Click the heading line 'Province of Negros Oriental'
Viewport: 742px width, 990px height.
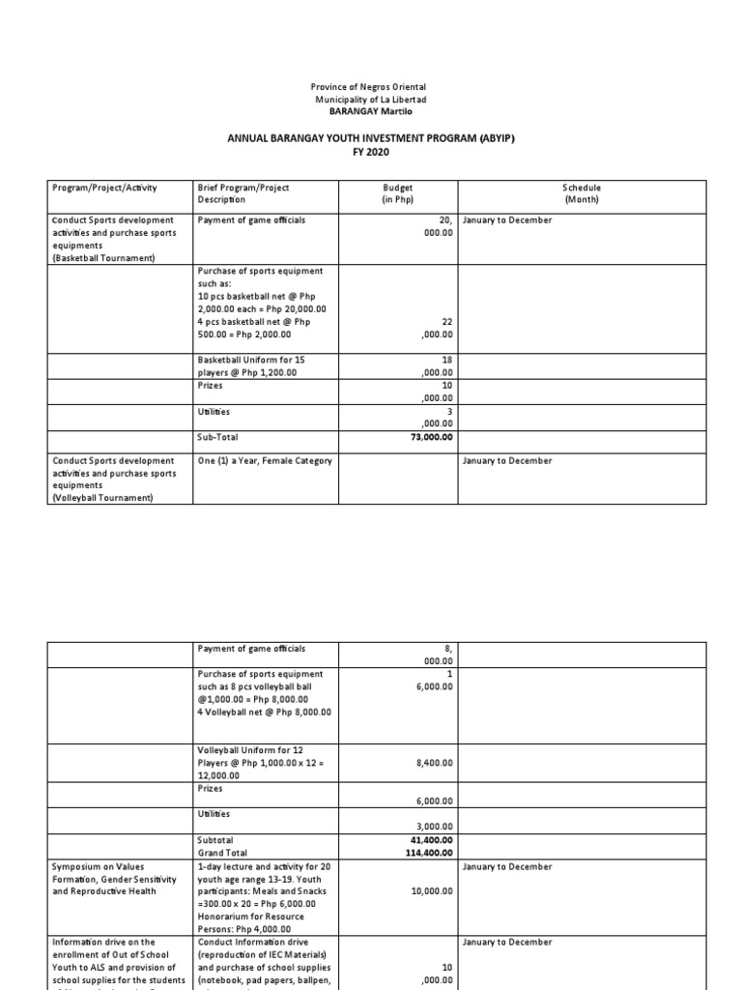coord(371,87)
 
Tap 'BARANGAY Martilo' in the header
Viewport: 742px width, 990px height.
coord(371,111)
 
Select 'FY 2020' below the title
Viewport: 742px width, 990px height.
coord(371,152)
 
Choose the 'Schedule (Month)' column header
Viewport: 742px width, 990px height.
coord(583,193)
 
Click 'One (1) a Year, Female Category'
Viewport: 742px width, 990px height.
coord(264,461)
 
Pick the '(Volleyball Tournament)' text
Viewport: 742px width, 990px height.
coord(102,498)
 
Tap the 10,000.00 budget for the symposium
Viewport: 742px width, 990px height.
coord(430,891)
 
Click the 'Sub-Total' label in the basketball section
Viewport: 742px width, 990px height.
coord(217,437)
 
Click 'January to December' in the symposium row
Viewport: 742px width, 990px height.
coord(507,867)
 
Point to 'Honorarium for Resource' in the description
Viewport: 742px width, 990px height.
coord(251,916)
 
